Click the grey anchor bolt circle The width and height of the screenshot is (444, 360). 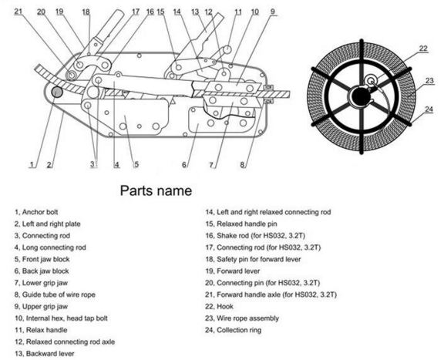(57, 93)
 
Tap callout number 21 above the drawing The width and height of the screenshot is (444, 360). (18, 12)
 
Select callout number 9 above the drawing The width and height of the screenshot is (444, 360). (273, 12)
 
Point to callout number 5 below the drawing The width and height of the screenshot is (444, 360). (136, 164)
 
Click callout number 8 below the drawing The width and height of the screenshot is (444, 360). (242, 164)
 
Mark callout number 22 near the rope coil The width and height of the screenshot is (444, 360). (423, 49)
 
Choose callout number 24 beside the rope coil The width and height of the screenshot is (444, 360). (429, 109)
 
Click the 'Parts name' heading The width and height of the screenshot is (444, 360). (156, 190)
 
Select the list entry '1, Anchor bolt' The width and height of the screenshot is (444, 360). (36, 212)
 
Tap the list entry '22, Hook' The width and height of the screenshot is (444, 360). (220, 306)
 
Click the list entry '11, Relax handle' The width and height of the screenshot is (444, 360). (41, 330)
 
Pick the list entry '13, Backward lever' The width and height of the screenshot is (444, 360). (45, 354)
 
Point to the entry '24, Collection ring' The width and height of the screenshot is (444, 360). (234, 330)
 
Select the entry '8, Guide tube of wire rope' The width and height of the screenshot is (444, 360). (55, 294)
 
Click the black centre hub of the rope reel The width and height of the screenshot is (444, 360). (361, 96)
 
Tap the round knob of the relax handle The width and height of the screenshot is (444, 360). (227, 49)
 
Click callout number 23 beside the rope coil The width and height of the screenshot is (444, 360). (429, 81)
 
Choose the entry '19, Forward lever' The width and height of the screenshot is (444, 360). (233, 271)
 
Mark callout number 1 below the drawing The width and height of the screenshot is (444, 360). (32, 164)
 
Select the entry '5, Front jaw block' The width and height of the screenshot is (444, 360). (42, 259)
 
